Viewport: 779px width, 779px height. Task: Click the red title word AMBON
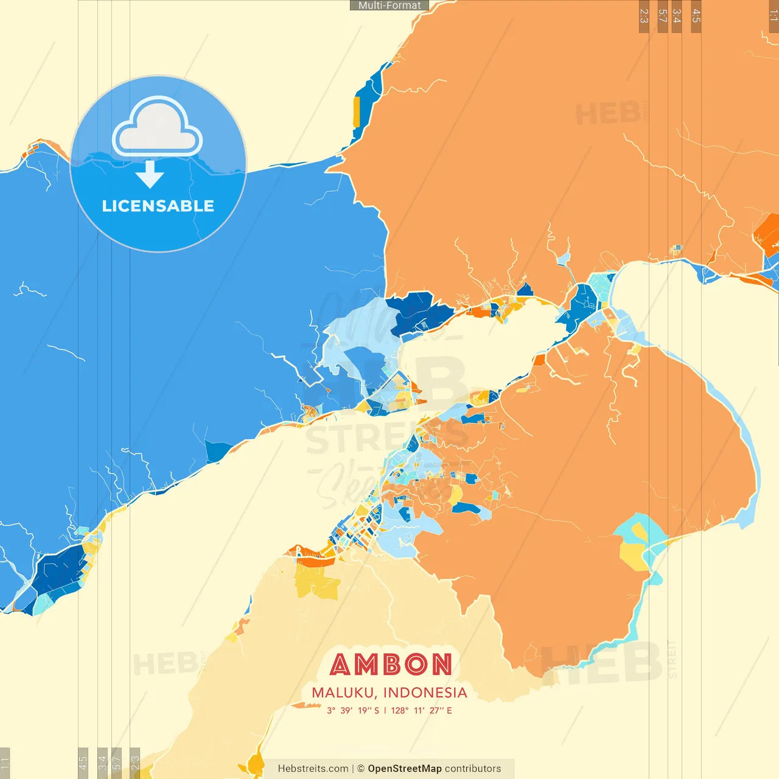click(391, 665)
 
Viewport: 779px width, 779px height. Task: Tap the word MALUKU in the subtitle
click(344, 693)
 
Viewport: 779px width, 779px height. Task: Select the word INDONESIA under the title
click(425, 693)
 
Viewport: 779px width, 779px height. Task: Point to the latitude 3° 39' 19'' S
click(353, 710)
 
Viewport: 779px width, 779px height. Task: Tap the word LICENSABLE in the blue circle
click(158, 206)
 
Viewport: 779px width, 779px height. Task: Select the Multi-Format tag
click(389, 5)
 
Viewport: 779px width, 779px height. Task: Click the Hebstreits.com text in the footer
click(313, 769)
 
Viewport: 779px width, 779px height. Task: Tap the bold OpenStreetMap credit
click(404, 769)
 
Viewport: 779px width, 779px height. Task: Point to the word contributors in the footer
click(473, 769)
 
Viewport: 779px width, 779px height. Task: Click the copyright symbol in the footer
click(360, 769)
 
